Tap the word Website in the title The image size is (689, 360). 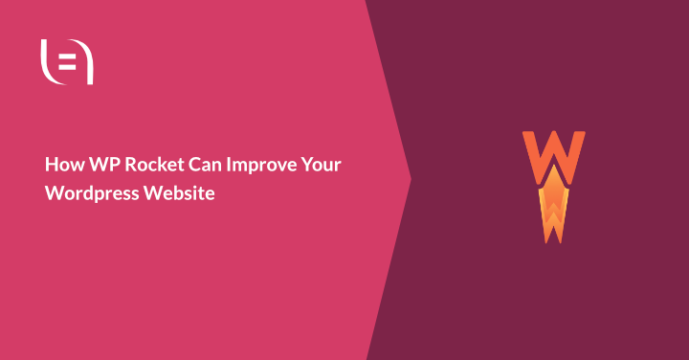click(x=181, y=192)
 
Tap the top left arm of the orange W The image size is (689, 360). click(x=528, y=139)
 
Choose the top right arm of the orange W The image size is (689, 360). click(x=578, y=139)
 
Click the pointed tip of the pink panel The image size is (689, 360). click(x=410, y=179)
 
